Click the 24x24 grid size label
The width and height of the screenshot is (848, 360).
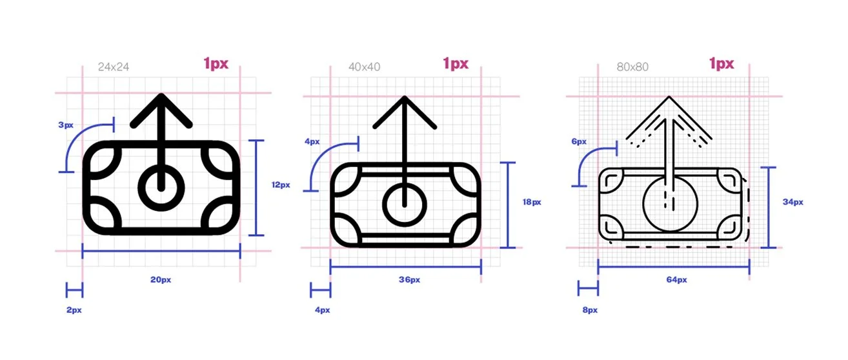[114, 67]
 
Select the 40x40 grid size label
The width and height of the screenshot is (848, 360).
[364, 67]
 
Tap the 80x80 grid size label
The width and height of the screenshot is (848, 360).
[632, 67]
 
